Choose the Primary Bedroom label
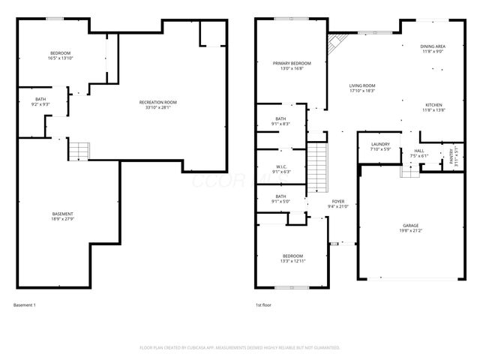tap(291, 65)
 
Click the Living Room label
tap(361, 88)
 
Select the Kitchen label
tap(435, 107)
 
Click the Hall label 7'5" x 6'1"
tap(418, 153)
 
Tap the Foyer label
tap(338, 204)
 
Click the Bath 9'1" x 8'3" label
tap(280, 121)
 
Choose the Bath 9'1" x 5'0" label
tap(280, 199)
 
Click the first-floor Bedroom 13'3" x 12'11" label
tap(292, 258)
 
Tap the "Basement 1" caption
tap(25, 305)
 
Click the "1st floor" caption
tap(262, 305)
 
